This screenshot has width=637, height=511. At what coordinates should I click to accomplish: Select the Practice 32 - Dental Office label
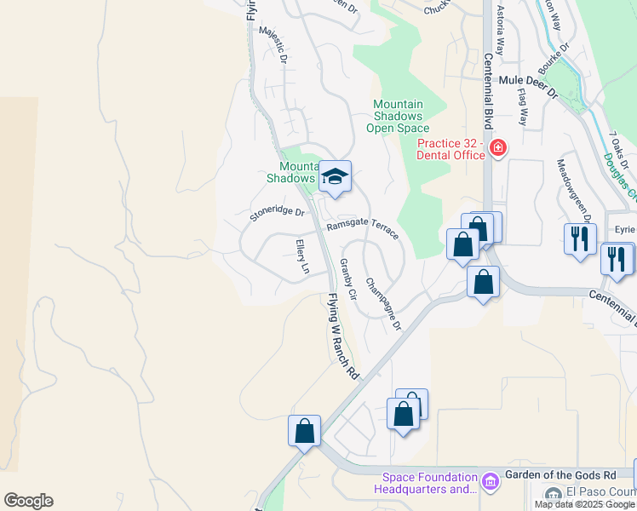pyautogui.click(x=450, y=149)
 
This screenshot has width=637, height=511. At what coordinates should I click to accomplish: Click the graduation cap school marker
pyautogui.click(x=335, y=176)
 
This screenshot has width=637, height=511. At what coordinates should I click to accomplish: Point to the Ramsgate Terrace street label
pyautogui.click(x=363, y=229)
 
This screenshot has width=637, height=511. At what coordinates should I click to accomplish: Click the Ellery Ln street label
pyautogui.click(x=301, y=256)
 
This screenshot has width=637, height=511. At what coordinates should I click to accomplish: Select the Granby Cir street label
pyautogui.click(x=347, y=277)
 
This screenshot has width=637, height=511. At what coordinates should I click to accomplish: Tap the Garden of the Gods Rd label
pyautogui.click(x=560, y=474)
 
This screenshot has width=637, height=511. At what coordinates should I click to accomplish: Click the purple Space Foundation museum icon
pyautogui.click(x=489, y=483)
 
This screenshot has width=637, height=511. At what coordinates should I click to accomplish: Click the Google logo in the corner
pyautogui.click(x=28, y=501)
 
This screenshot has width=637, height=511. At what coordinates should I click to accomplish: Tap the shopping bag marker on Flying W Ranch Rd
pyautogui.click(x=304, y=431)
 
